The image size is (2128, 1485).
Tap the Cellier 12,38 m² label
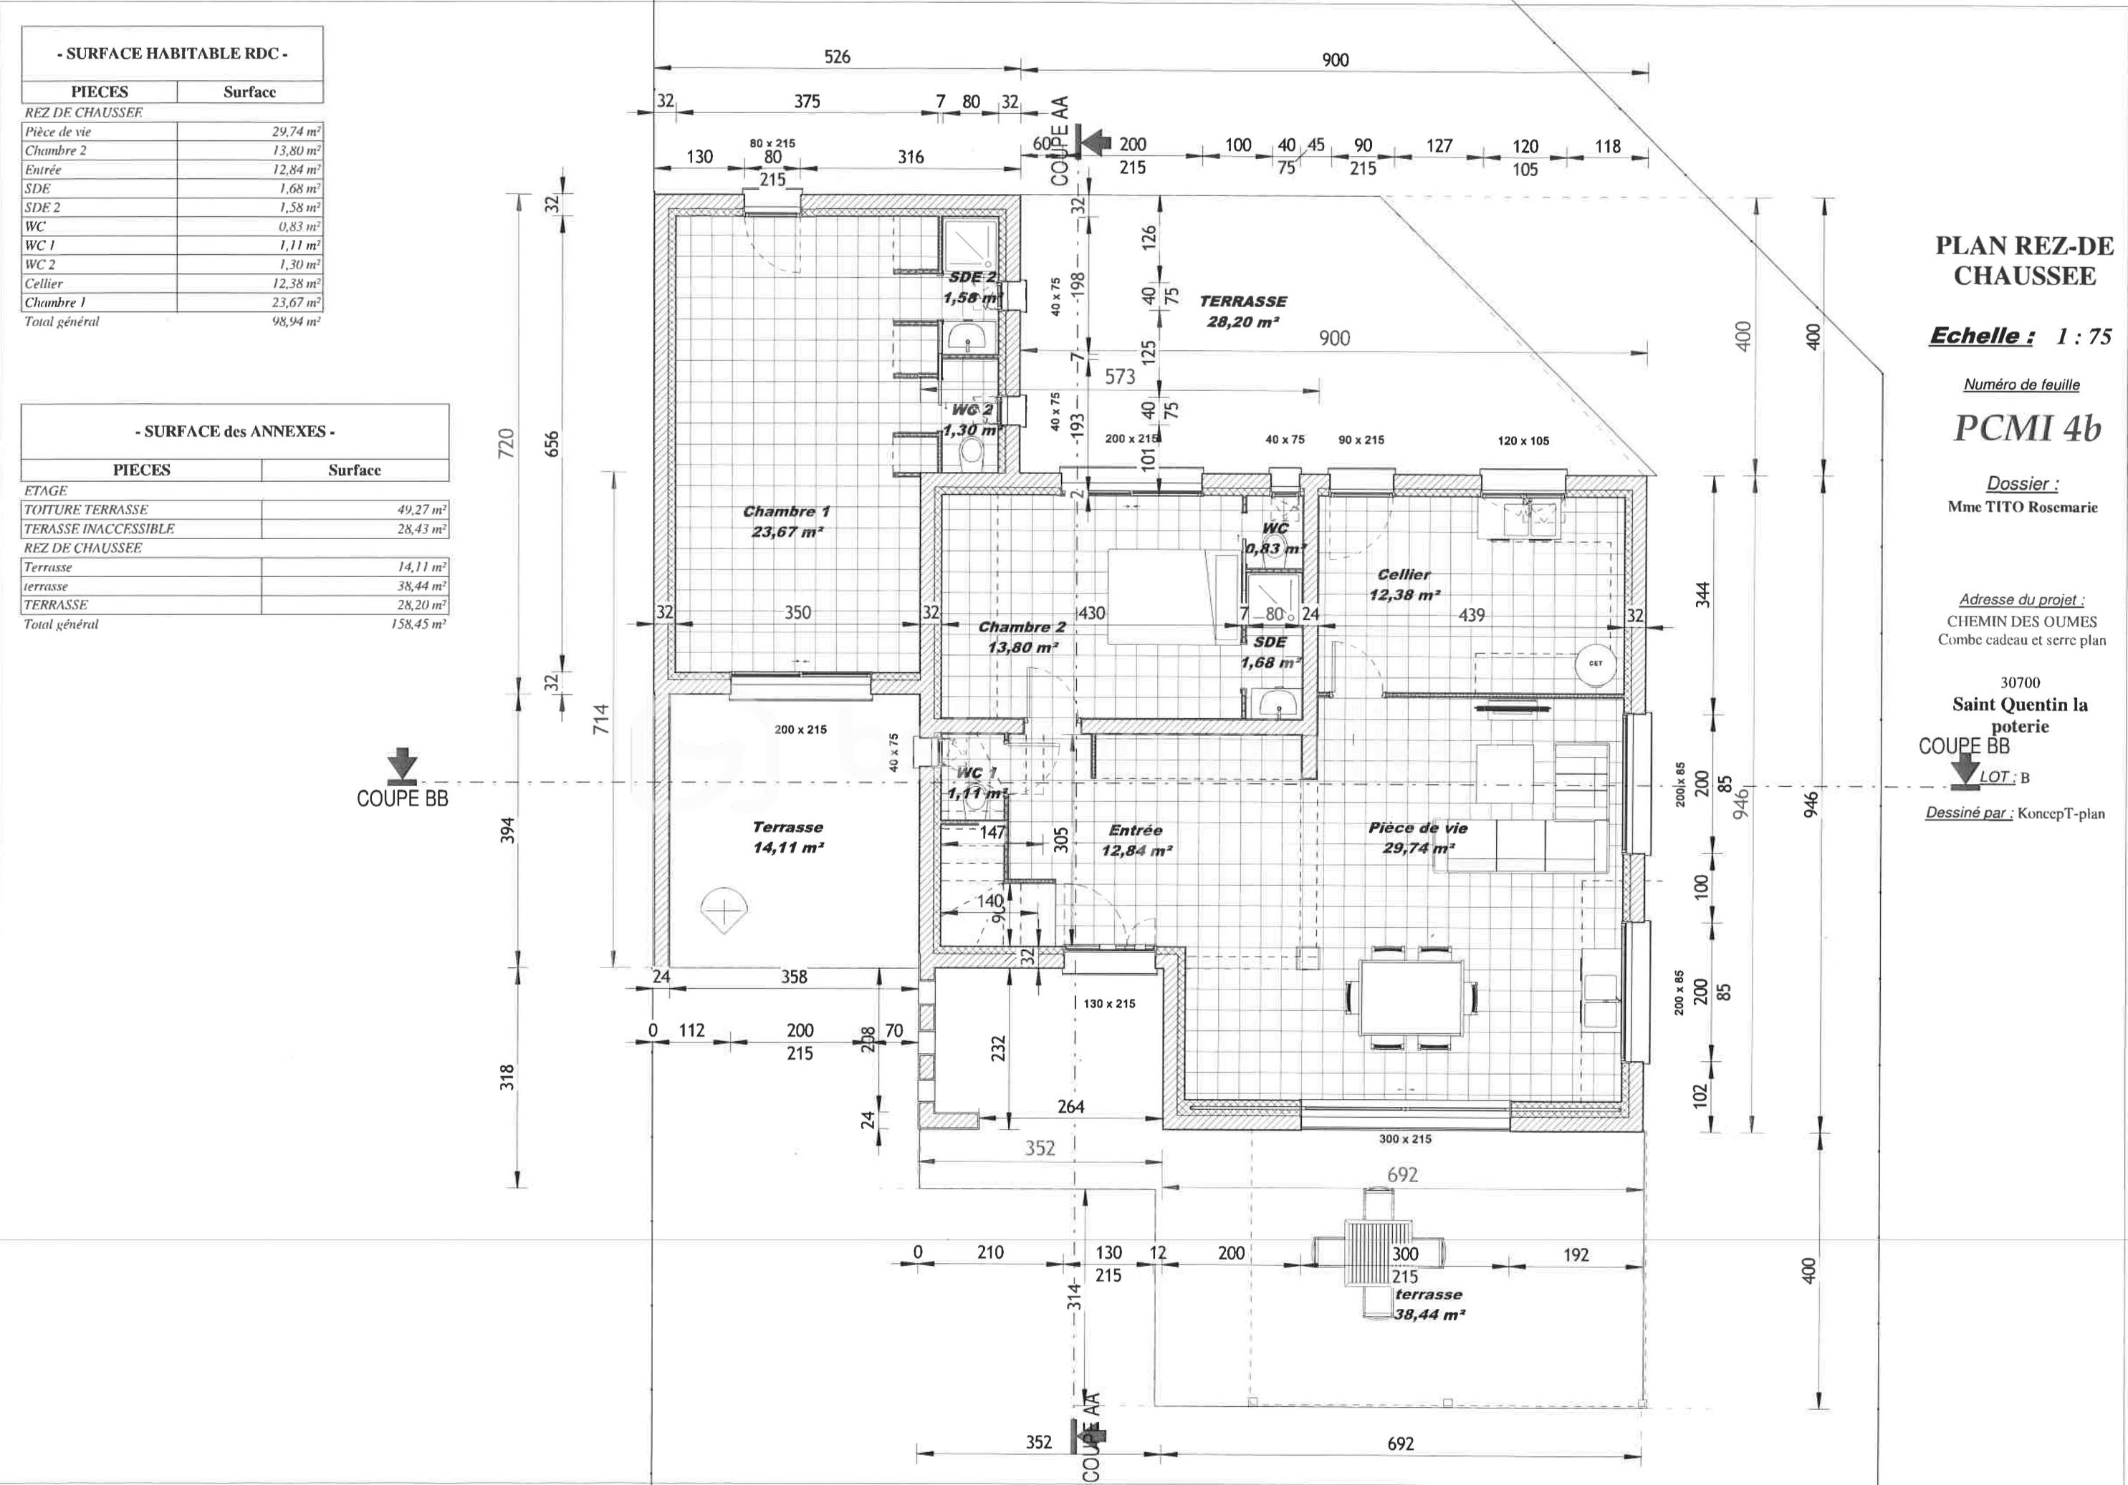(x=1404, y=584)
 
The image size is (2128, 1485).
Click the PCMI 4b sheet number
(x=2026, y=427)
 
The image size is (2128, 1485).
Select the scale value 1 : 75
(x=2084, y=337)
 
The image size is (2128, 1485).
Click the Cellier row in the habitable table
(x=173, y=284)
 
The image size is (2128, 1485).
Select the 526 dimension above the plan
(x=837, y=57)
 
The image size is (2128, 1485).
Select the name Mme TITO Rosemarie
(x=2021, y=507)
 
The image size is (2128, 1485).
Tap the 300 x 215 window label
(x=1404, y=1138)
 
